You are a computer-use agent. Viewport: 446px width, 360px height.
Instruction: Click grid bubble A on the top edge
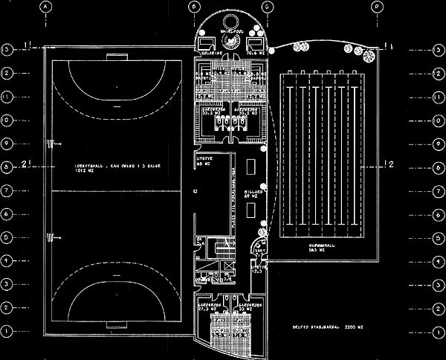45,6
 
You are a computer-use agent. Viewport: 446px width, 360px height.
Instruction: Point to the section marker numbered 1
28,46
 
